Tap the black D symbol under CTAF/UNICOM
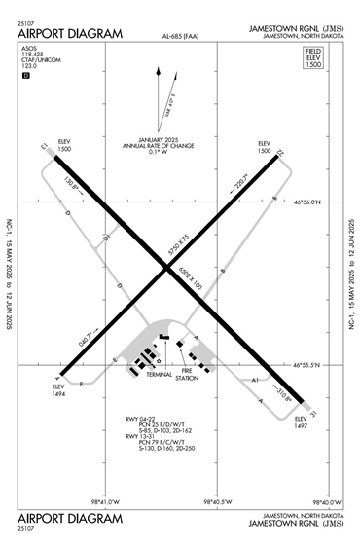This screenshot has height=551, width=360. point(26,76)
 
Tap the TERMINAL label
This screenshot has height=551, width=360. point(158,374)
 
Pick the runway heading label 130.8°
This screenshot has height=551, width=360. point(71,182)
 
